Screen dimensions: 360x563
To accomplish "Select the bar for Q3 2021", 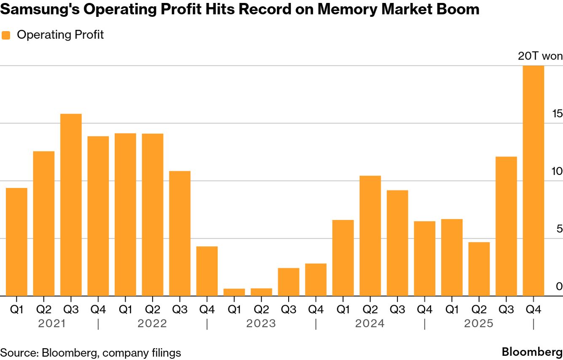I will click(71, 205).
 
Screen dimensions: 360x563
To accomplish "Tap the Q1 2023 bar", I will click(234, 292).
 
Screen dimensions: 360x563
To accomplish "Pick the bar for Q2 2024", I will click(370, 236).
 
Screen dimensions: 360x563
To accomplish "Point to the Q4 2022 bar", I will click(207, 271).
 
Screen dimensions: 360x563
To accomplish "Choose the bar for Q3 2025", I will click(506, 226).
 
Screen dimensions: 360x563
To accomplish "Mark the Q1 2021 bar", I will click(16, 242).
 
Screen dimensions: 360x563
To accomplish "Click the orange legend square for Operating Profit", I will click(6, 35).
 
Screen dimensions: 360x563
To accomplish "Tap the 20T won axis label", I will click(540, 56).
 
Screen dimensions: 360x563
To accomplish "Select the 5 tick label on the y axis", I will click(559, 228).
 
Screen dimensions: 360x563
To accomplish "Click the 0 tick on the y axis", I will click(559, 286).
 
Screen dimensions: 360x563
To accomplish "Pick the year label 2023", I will click(261, 324).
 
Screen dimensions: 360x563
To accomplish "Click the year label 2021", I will click(52, 324).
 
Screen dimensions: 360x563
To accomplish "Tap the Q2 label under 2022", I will click(152, 310).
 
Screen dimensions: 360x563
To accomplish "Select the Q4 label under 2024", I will click(424, 310).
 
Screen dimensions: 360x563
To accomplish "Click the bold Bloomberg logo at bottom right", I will click(532, 352).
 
